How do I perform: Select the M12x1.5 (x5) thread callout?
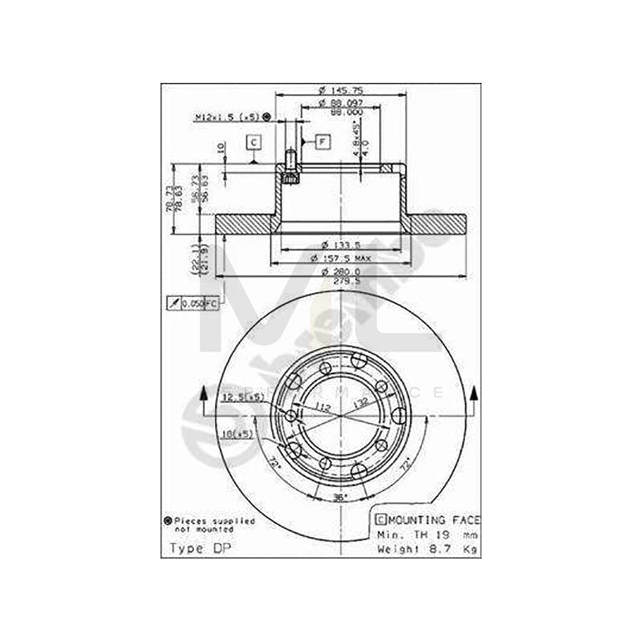tap(228, 116)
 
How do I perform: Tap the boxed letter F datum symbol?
tap(322, 142)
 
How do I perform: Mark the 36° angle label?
tap(340, 496)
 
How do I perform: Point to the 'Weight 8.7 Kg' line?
tap(427, 549)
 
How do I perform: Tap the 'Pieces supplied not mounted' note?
tap(210, 525)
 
